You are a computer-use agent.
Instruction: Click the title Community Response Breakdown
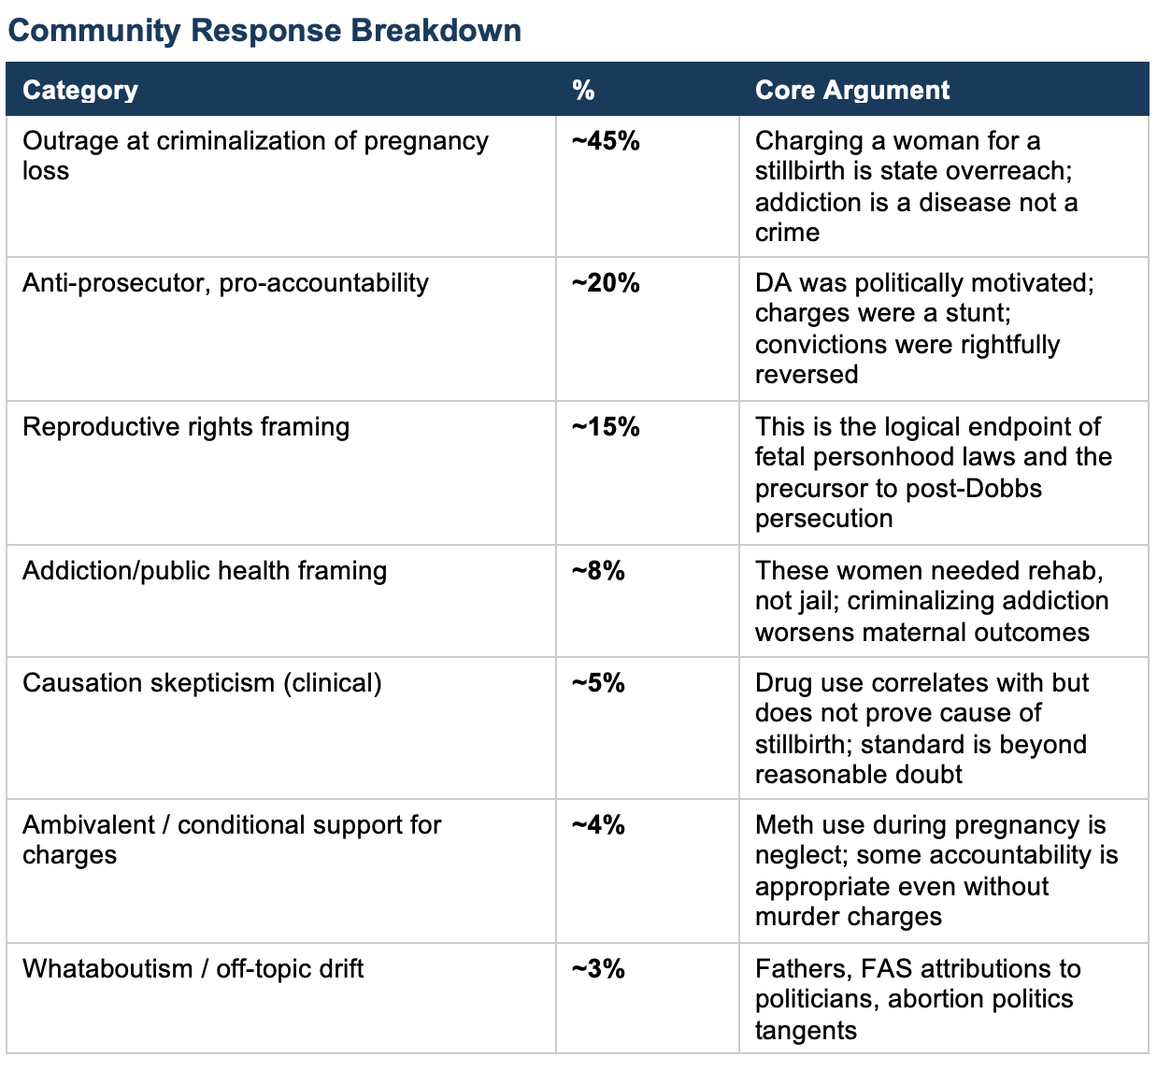264,30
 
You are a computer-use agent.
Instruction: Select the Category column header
80,90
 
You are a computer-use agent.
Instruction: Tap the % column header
583,90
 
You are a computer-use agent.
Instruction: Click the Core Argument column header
851,90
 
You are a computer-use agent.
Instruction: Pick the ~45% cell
606,141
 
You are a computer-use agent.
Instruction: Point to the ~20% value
606,283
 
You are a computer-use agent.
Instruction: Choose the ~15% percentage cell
606,427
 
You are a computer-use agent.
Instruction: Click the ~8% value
598,571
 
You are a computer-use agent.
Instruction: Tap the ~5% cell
598,683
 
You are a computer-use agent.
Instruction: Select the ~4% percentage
598,825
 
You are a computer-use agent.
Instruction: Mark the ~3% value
598,969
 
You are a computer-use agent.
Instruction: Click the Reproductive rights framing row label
186,427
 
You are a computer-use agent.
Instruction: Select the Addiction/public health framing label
205,571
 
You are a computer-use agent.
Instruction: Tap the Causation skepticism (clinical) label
202,683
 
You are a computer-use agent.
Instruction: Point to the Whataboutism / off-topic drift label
193,969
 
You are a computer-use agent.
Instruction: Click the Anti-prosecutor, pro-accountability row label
225,283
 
